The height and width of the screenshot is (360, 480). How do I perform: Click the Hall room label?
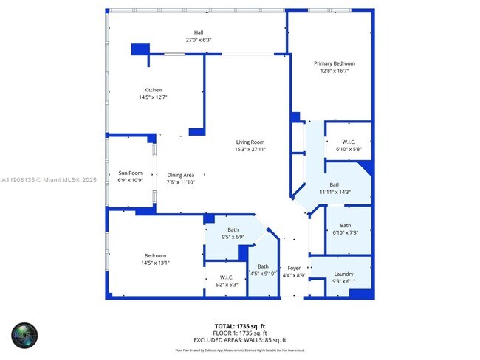click(199, 32)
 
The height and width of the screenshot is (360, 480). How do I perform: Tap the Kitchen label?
click(153, 90)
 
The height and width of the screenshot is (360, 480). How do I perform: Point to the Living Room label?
click(250, 142)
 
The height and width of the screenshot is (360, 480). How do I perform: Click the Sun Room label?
click(131, 173)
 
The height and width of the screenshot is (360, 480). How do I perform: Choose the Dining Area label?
click(180, 174)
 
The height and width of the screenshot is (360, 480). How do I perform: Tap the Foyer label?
click(294, 268)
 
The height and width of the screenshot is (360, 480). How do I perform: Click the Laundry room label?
click(343, 274)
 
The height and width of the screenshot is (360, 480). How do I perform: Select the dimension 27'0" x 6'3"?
click(199, 40)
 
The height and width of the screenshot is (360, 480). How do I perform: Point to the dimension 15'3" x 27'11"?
click(250, 149)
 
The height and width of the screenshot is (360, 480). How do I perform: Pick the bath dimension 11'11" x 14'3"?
click(335, 192)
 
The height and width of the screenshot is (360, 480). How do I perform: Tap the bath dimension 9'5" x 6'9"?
click(233, 237)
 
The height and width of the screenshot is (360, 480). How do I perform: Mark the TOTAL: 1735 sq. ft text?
click(240, 325)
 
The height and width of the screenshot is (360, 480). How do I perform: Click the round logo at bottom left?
click(24, 336)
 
